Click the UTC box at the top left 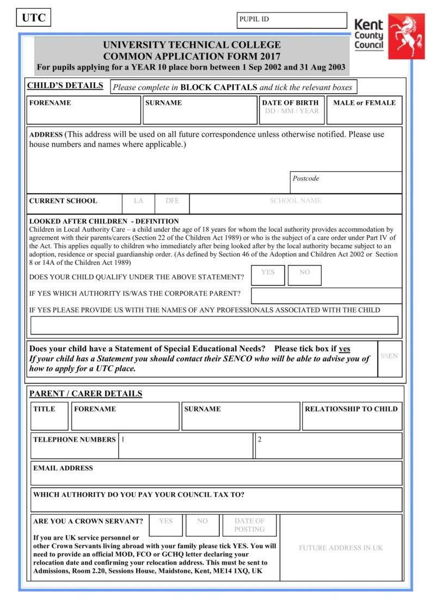point(33,18)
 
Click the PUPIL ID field point(291,20)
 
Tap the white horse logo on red point(406,36)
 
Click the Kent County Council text point(369,35)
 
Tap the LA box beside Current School point(138,203)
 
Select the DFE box point(172,203)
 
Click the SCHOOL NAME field point(296,203)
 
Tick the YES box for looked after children point(268,275)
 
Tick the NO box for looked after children point(304,275)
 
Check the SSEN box point(389,359)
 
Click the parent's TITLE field point(50,416)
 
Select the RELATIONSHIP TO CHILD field point(352,416)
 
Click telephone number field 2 point(328,446)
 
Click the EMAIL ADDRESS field point(216,473)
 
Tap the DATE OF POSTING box point(249,525)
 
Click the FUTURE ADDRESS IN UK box point(341,548)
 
